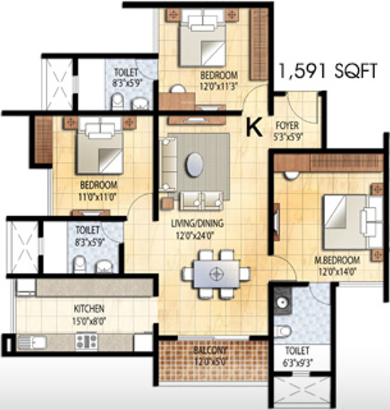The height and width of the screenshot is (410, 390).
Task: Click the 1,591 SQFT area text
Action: [x=326, y=72]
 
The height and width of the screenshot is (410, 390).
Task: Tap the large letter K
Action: [x=254, y=126]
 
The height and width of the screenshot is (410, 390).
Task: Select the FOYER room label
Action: [x=287, y=126]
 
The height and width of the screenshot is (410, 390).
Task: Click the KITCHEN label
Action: [x=89, y=309]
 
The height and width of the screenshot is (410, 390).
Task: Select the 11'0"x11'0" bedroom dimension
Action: [x=98, y=194]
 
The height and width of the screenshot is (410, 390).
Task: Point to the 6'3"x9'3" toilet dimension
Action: [x=298, y=360]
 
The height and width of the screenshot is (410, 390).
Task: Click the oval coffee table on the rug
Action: [x=194, y=164]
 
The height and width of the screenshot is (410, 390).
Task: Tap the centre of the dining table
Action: [x=215, y=274]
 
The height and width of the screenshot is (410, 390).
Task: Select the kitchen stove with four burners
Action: [x=86, y=342]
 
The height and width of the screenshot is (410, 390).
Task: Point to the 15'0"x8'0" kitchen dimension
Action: [x=88, y=318]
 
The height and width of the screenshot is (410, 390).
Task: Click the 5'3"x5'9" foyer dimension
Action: [x=287, y=135]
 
